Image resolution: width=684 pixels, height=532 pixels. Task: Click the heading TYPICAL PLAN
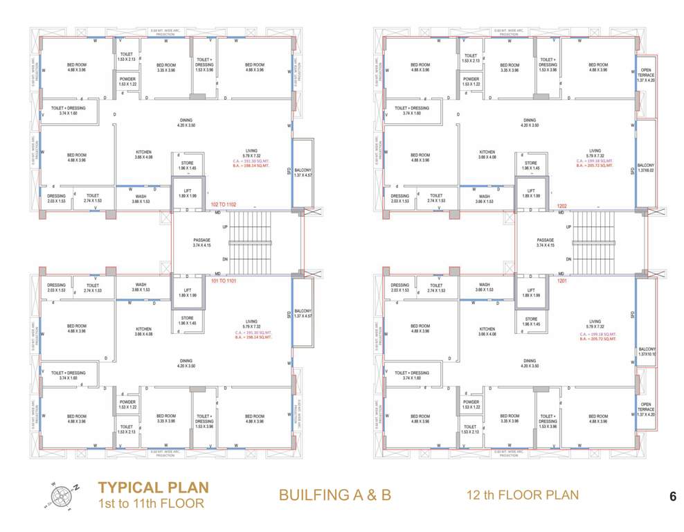(152, 487)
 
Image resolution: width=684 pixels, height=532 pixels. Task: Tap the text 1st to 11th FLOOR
(152, 503)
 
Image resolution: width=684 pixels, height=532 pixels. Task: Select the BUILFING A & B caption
(335, 495)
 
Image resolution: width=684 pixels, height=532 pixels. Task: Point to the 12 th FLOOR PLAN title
(522, 495)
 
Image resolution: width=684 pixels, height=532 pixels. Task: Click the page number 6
(672, 497)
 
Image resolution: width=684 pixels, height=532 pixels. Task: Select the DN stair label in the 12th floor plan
(568, 259)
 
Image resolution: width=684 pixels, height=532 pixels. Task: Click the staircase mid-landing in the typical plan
(287, 242)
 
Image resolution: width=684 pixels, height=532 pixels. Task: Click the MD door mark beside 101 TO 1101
(217, 274)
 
